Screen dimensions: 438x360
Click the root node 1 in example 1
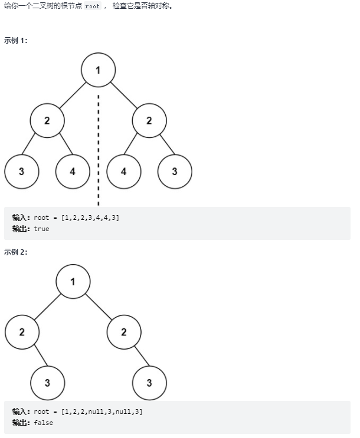pyautogui.click(x=98, y=70)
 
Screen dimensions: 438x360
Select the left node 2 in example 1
pyautogui.click(x=47, y=121)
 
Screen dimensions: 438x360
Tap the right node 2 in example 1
pyautogui.click(x=149, y=121)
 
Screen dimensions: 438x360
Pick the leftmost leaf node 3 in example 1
pyautogui.click(x=22, y=172)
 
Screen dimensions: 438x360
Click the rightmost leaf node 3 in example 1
pyautogui.click(x=175, y=172)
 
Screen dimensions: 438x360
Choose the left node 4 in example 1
pyautogui.click(x=73, y=172)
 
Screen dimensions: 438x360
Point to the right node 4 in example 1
pyautogui.click(x=123, y=172)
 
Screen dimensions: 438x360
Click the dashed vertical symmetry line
pyautogui.click(x=98, y=147)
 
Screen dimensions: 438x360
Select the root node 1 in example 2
pyautogui.click(x=73, y=281)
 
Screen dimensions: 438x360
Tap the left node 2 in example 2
pyautogui.click(x=22, y=332)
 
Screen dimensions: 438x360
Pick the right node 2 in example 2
pyautogui.click(x=124, y=332)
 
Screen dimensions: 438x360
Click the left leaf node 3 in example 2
pyautogui.click(x=47, y=383)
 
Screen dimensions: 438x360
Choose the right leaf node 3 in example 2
pyautogui.click(x=149, y=383)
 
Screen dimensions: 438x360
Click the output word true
pyautogui.click(x=41, y=229)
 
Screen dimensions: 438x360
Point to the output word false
pyautogui.click(x=43, y=423)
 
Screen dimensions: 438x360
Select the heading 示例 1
pyautogui.click(x=15, y=40)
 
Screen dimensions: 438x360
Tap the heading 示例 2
pyautogui.click(x=15, y=252)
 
